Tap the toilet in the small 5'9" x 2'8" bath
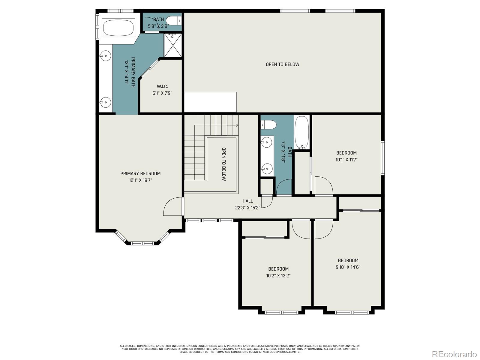click(174, 21)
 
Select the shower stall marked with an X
click(173, 45)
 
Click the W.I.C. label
click(162, 87)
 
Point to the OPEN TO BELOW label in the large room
click(283, 64)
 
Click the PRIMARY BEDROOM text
click(140, 174)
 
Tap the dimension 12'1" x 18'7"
click(140, 180)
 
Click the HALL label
click(247, 201)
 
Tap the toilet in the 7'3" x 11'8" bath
click(269, 124)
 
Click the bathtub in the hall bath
click(302, 133)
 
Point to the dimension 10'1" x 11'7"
click(346, 160)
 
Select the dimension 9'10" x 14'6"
click(348, 267)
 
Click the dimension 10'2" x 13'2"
click(278, 276)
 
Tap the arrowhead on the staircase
click(237, 125)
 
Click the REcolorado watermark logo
click(454, 353)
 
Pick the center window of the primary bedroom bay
click(142, 243)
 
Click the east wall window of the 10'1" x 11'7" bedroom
click(383, 158)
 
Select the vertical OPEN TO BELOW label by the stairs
click(224, 164)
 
